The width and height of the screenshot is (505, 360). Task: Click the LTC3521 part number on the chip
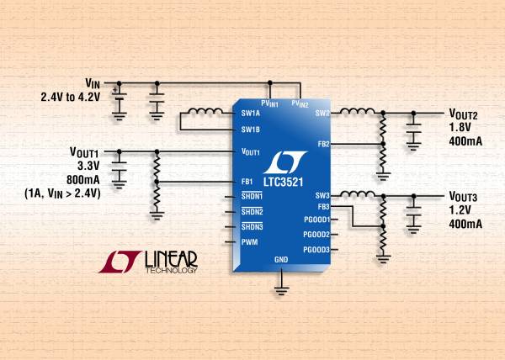point(284,182)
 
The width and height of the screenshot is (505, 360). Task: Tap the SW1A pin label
point(251,114)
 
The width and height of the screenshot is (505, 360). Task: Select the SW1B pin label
point(251,130)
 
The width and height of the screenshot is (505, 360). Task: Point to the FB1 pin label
point(247,182)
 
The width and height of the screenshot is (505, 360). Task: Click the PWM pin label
point(250,242)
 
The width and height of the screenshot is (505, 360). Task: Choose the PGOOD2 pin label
point(316,235)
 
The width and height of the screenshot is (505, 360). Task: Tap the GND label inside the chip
point(281,259)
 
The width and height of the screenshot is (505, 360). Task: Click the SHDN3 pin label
point(252,226)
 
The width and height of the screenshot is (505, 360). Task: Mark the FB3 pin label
point(323,207)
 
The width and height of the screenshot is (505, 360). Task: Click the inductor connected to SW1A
point(205,111)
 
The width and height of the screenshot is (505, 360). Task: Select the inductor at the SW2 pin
point(358,111)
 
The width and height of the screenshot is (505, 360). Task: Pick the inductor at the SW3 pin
point(358,193)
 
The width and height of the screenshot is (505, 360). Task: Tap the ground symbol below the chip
point(281,290)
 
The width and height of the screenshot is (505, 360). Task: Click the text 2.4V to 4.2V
point(71,97)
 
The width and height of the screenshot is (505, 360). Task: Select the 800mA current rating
point(82,179)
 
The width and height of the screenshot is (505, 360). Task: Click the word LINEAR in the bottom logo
point(171,259)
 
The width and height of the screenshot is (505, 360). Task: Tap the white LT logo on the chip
point(285,162)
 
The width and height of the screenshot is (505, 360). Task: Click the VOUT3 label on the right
point(463,196)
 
